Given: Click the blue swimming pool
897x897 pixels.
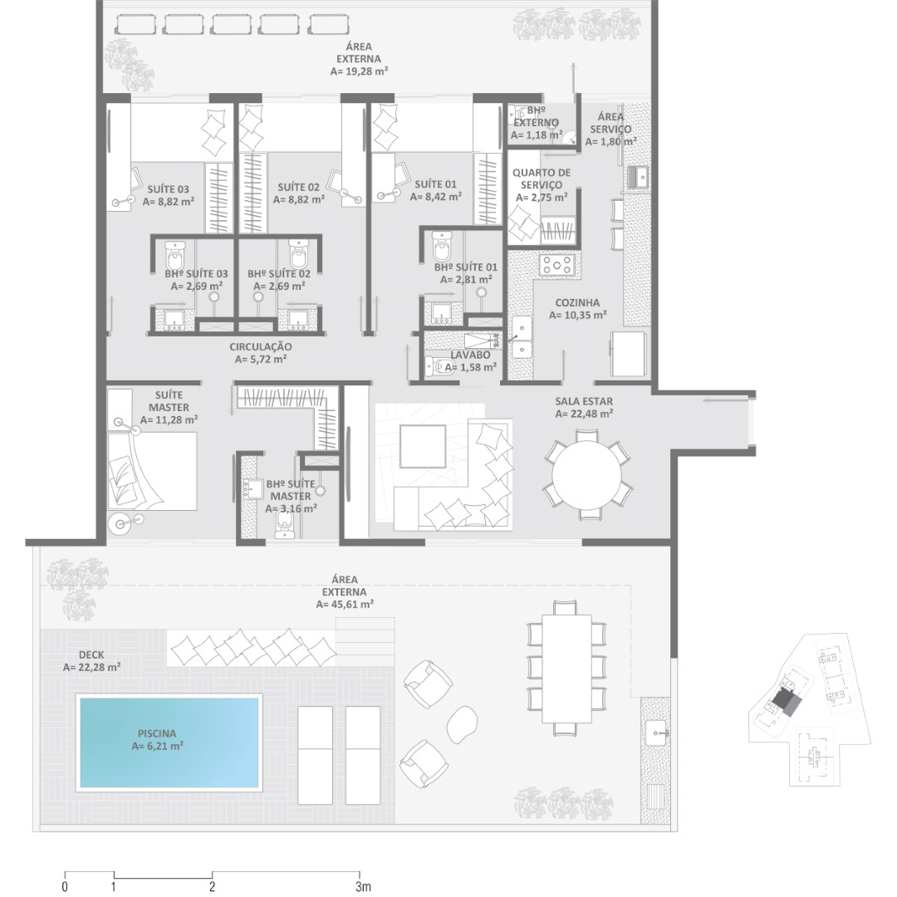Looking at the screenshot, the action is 169,742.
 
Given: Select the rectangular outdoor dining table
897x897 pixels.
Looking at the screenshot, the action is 566,668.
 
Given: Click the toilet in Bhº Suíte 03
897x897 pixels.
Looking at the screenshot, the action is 175,255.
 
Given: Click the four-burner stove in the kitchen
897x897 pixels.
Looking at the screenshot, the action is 556,265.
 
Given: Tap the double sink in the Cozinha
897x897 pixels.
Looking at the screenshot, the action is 521,337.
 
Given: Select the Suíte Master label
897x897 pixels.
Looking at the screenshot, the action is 169,401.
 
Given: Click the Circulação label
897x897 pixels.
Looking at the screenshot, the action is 261,346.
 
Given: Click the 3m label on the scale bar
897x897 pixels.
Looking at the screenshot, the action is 363,887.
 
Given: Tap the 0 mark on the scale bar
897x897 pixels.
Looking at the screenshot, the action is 65,887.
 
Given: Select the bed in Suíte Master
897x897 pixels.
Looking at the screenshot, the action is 152,471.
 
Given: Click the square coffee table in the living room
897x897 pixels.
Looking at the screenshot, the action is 423,447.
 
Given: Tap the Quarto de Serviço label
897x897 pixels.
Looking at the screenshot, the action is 542,179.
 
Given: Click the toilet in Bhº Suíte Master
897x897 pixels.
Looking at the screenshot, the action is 284,525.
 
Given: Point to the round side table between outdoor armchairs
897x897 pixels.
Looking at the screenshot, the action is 462,723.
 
